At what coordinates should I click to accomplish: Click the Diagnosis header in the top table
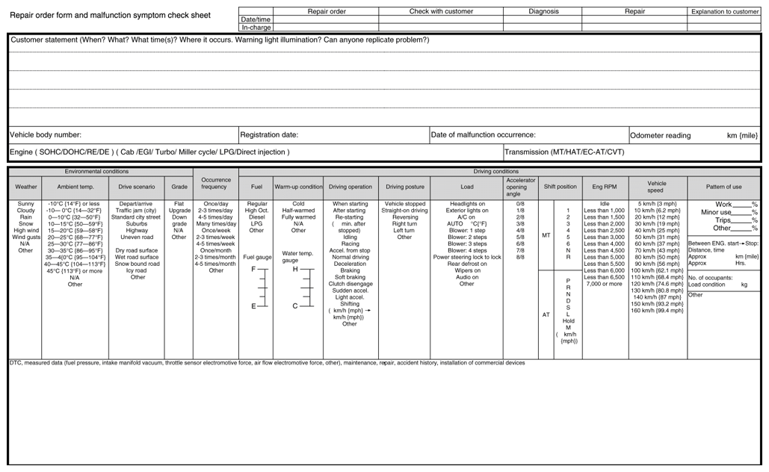(x=543, y=12)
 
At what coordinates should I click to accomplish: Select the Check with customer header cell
(x=440, y=12)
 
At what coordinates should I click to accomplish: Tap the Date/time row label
(x=256, y=19)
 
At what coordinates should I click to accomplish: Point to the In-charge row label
(x=256, y=28)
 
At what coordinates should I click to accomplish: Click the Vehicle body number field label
(x=46, y=135)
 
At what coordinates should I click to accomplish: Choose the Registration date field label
(x=269, y=135)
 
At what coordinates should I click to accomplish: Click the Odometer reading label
(x=660, y=136)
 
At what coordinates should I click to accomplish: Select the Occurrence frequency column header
(x=216, y=183)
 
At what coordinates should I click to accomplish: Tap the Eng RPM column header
(x=604, y=187)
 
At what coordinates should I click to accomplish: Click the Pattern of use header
(x=723, y=187)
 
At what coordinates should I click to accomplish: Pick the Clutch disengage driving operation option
(x=350, y=284)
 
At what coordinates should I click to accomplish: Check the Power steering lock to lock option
(x=467, y=257)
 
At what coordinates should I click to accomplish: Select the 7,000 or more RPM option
(x=604, y=284)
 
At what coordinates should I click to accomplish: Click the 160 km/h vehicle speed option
(x=657, y=311)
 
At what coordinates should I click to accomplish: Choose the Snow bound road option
(x=138, y=264)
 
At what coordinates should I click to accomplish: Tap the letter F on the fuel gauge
(x=253, y=268)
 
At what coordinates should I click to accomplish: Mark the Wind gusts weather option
(x=26, y=237)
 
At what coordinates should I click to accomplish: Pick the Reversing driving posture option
(x=404, y=217)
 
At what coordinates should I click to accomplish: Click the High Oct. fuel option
(x=256, y=211)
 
